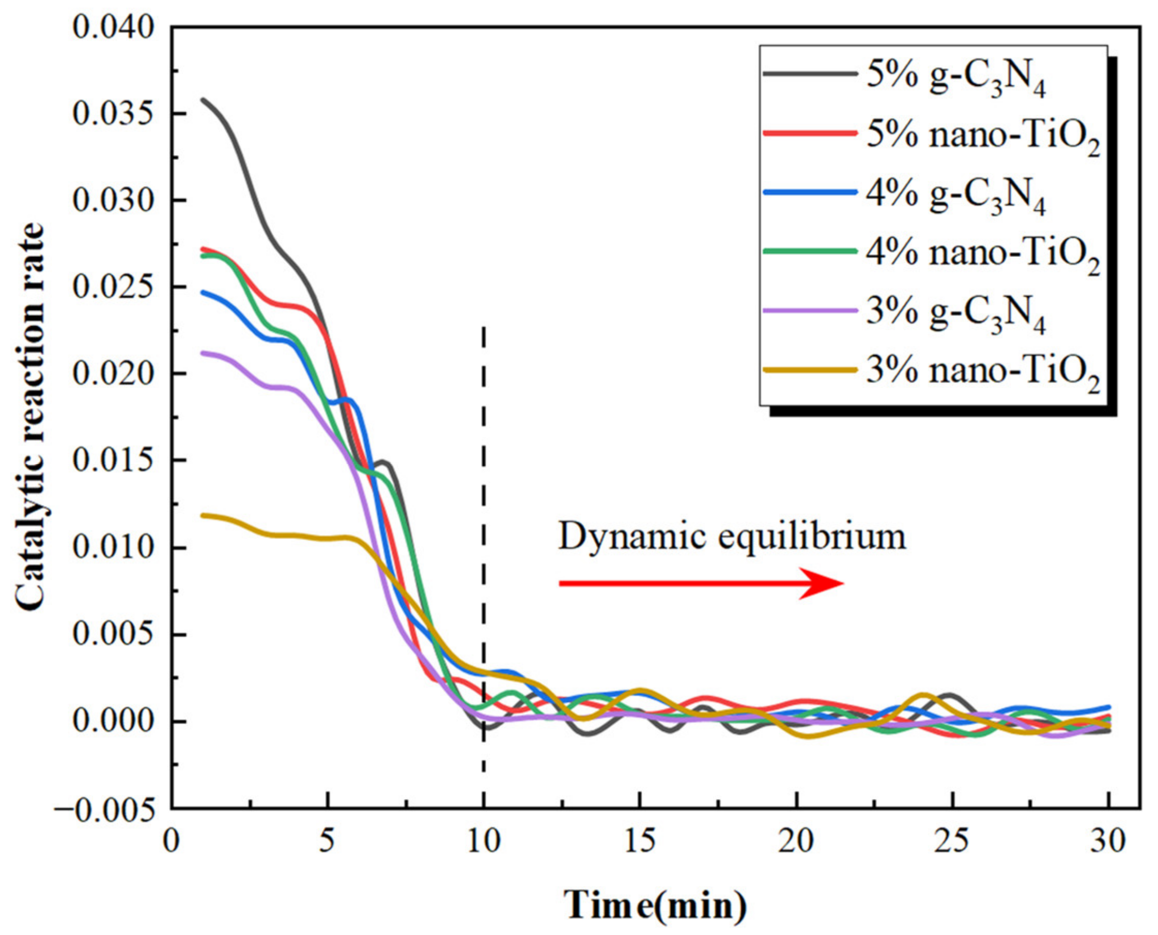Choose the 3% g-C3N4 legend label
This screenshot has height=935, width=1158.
click(x=955, y=315)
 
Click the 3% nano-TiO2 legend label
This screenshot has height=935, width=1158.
click(x=982, y=373)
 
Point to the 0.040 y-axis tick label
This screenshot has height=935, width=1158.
click(x=114, y=27)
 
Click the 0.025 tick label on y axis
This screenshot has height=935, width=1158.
click(x=114, y=287)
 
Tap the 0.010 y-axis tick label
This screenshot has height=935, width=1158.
click(x=114, y=548)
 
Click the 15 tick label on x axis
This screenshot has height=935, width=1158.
click(x=640, y=841)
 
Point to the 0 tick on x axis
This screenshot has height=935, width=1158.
click(x=171, y=841)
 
